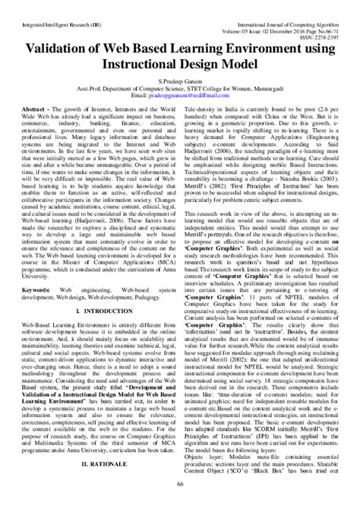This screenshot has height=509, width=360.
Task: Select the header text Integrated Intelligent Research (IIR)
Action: pyautogui.click(x=54, y=7)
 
